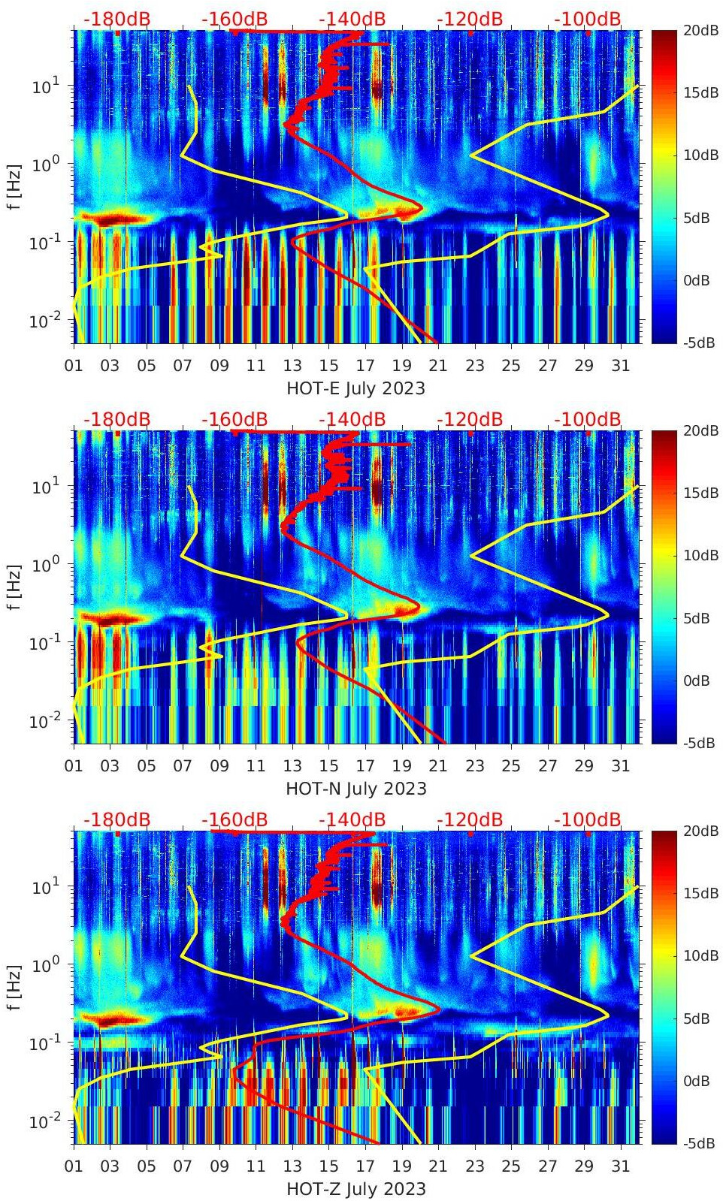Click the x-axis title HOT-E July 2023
355,388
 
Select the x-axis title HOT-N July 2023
355,789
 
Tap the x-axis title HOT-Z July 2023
355,1189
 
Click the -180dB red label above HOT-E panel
116,19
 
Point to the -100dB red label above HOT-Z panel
588,819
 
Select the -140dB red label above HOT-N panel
352,419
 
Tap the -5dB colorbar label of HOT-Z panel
698,1143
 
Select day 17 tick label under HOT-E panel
365,366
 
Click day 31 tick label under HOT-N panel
620,766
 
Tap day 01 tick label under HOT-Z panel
74,1166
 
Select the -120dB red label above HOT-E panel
470,19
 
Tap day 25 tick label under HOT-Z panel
511,1166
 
